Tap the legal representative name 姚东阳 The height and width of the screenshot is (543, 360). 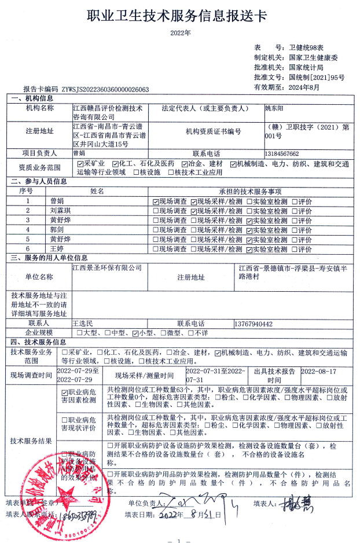[x=275, y=108]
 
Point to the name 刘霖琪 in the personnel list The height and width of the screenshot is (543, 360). [x=60, y=211]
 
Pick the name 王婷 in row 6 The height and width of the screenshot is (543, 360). [x=57, y=249]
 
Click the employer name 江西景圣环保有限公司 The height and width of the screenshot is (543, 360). [x=106, y=268]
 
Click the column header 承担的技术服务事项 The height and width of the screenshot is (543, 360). [x=249, y=191]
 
